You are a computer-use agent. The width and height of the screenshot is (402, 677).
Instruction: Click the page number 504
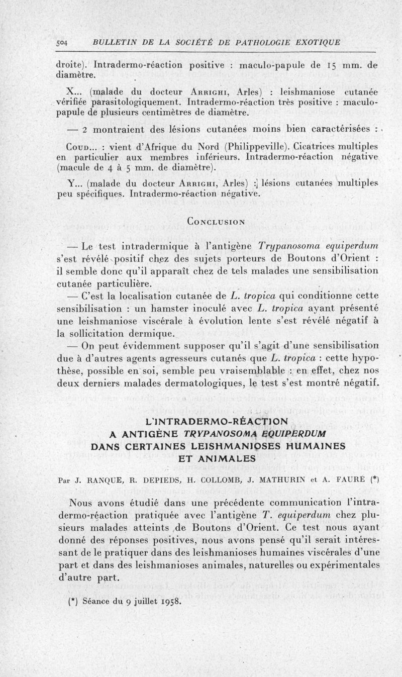[x=64, y=42]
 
